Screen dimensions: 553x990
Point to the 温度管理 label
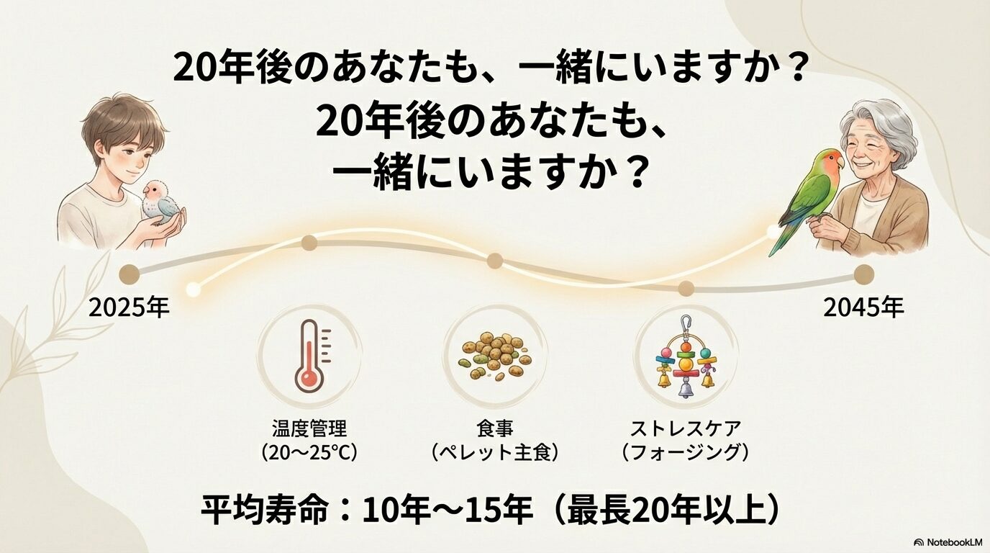click(x=309, y=430)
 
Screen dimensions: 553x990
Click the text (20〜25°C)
click(x=309, y=453)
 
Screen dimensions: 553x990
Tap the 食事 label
click(x=495, y=430)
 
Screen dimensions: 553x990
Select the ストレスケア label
click(x=685, y=430)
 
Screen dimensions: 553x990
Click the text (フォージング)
click(x=685, y=453)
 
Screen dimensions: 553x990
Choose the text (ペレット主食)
click(x=495, y=453)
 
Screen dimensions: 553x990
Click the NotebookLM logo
click(x=948, y=541)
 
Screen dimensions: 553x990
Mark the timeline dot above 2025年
click(x=130, y=274)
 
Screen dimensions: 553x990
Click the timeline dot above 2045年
click(x=864, y=274)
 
